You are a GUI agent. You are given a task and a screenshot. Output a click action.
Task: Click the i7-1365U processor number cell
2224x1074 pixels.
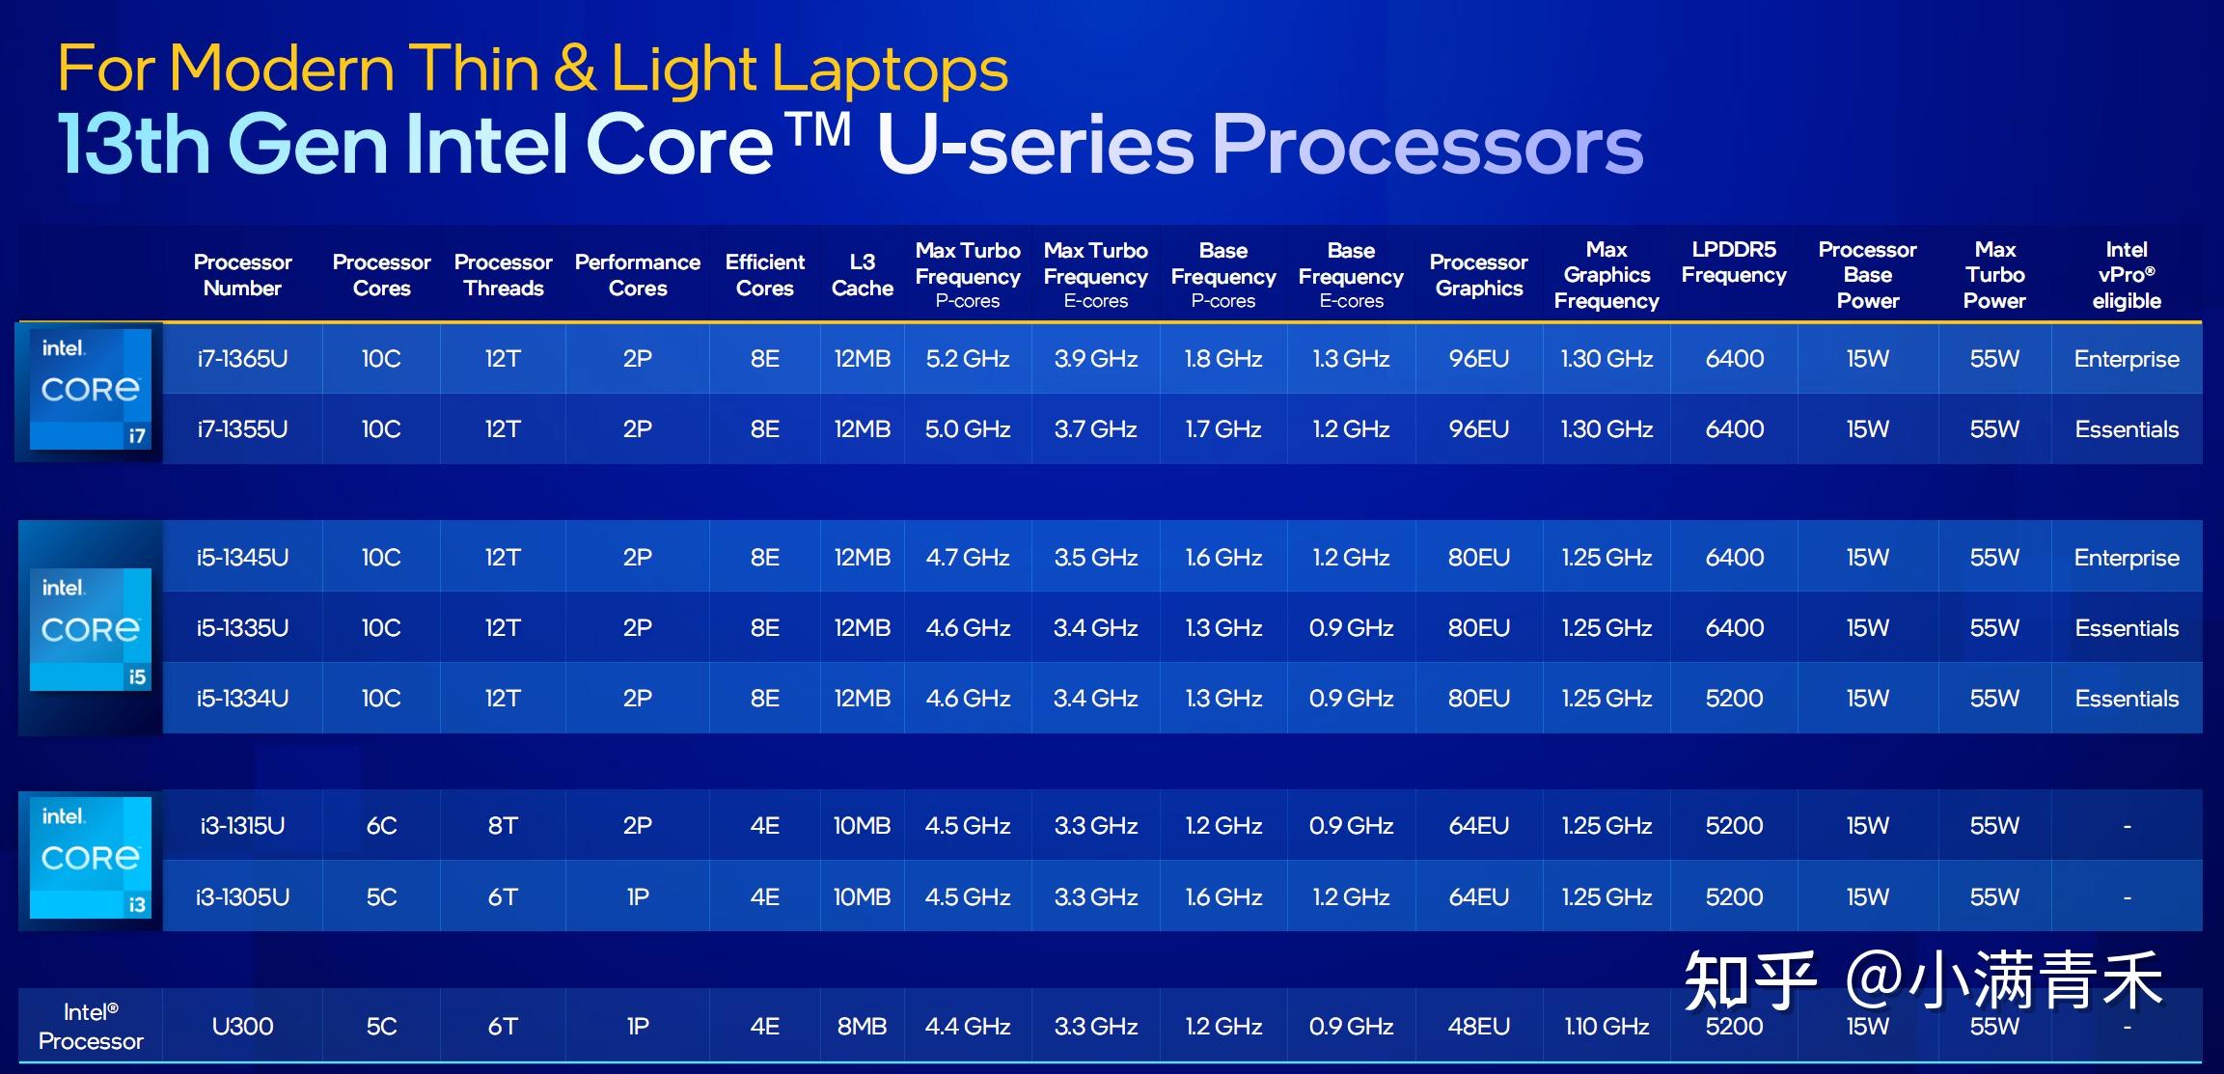(242, 359)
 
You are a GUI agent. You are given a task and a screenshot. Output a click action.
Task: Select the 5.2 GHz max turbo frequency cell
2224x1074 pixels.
(968, 359)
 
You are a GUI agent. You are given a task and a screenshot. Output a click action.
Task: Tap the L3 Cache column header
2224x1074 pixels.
(862, 275)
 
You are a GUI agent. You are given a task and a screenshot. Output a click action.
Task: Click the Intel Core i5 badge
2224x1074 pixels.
(91, 629)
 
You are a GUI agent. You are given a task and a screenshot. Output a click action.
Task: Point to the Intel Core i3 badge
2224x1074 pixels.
(91, 857)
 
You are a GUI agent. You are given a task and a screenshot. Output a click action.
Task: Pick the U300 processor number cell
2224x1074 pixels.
(242, 1027)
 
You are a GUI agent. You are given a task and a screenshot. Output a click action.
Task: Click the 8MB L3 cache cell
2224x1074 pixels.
(862, 1027)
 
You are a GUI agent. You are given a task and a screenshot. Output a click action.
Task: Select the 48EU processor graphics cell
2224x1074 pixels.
(1478, 1027)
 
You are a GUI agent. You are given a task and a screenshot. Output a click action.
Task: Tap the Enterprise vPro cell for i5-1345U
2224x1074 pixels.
(2127, 558)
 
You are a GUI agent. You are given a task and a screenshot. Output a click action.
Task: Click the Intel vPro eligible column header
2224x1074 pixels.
(2127, 275)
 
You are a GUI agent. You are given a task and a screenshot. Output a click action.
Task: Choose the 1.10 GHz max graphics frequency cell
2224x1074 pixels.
(1606, 1027)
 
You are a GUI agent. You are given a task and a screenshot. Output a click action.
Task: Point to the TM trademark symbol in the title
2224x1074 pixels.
(817, 129)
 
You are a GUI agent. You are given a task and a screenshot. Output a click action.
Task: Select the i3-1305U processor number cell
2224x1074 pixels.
(242, 897)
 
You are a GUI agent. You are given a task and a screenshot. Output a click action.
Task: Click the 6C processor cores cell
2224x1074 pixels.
(381, 826)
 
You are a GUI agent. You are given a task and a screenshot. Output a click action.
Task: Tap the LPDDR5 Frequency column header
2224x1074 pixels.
(1734, 262)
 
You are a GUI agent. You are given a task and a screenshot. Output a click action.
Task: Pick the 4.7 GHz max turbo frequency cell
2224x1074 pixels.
(968, 558)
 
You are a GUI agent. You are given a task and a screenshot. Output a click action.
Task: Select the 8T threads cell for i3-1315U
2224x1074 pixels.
(503, 826)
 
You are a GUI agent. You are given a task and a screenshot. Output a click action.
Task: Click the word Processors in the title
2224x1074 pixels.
(1427, 145)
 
